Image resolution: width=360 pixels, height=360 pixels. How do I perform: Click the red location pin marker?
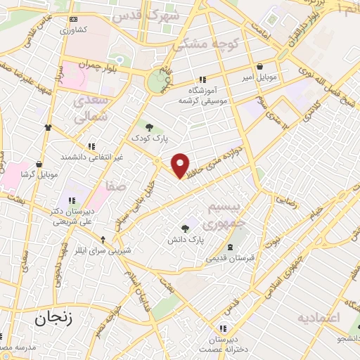point(181,165)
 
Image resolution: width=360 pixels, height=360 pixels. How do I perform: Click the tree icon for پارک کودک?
point(149,127)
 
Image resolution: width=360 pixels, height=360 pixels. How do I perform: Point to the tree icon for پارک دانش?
point(186,228)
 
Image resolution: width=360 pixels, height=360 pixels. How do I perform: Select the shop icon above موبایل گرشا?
point(40,164)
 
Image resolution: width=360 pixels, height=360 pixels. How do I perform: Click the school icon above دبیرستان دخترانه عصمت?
point(223,328)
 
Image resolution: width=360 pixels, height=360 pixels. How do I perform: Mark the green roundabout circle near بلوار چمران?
point(158,82)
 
